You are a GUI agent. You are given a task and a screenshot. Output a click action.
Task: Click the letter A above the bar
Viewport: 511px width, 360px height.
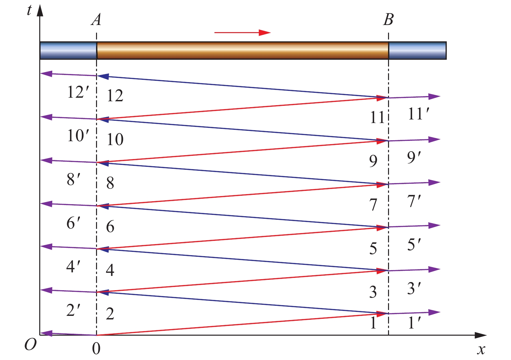point(96,19)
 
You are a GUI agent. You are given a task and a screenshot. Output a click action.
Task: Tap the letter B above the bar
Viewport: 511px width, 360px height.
point(388,19)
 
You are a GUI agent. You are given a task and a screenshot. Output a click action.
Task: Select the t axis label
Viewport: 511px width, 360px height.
point(29,10)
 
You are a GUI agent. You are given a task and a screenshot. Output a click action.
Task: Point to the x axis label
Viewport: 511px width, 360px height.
point(481,350)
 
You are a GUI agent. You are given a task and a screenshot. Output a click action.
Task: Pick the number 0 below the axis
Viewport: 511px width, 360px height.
point(96,349)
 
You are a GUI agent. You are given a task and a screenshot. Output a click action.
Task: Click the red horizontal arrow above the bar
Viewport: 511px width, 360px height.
point(242,33)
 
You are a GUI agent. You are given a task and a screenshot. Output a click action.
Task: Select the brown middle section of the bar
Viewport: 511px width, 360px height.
point(243,50)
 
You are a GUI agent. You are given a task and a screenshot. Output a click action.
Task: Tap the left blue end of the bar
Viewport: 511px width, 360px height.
point(68,50)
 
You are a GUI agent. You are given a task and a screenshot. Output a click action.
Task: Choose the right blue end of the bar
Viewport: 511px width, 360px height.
point(418,50)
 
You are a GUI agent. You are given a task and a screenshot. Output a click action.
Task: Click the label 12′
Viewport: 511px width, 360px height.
point(78,92)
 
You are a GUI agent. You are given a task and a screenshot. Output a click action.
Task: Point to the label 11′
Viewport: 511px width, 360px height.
point(419,114)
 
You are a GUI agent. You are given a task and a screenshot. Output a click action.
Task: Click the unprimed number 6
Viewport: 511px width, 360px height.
point(110,227)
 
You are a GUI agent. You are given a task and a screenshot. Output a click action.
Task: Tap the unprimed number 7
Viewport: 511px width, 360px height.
point(373,205)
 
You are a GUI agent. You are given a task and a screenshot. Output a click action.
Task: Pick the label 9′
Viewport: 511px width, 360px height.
point(414,157)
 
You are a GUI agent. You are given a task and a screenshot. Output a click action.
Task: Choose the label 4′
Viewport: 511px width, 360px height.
point(73,267)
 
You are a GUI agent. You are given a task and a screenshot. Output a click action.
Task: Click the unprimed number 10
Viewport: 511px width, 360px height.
point(115,140)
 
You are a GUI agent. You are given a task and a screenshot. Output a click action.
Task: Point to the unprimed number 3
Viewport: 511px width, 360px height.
point(373,292)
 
